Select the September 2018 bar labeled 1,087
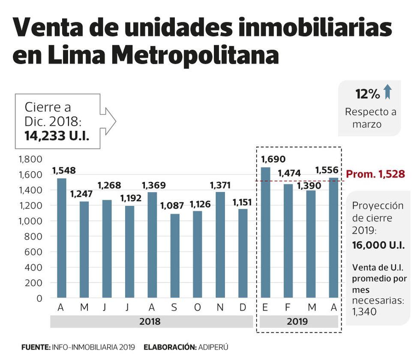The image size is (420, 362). point(174,256)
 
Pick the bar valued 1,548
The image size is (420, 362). point(61,238)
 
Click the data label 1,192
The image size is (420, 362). point(129,199)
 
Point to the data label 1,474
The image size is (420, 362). point(289,174)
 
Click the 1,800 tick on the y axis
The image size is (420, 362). point(30,160)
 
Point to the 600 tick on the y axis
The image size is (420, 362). point(33,252)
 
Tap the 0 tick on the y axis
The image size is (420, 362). point(39,298)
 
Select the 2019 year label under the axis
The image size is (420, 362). point(297,321)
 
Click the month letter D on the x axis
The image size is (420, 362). point(243,308)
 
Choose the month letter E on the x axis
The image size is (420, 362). point(266,308)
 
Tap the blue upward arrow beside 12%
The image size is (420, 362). point(387,92)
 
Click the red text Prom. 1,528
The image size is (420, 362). point(375,175)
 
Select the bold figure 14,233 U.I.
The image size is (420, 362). point(57,136)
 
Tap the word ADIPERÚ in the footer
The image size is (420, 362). point(213,347)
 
